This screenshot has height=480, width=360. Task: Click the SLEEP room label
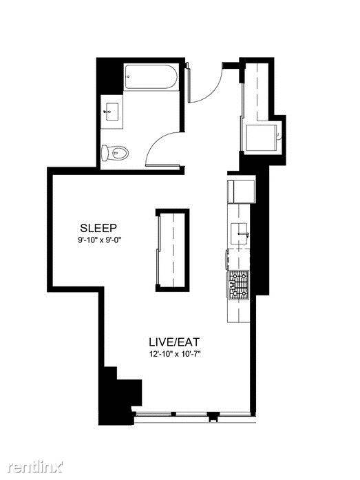(98, 228)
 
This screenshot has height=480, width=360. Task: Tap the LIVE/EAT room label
(174, 342)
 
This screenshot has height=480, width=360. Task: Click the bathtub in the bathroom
(151, 76)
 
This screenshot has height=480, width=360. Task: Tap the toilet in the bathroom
(115, 152)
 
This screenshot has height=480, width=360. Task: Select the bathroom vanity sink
(112, 112)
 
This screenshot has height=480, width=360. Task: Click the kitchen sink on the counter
(239, 234)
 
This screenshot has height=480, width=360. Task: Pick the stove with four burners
(239, 285)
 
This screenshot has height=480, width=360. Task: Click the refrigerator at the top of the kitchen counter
(241, 191)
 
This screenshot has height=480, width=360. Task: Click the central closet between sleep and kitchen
(173, 250)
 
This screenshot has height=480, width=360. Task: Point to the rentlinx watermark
(35, 467)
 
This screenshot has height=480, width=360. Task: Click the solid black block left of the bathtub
(110, 76)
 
